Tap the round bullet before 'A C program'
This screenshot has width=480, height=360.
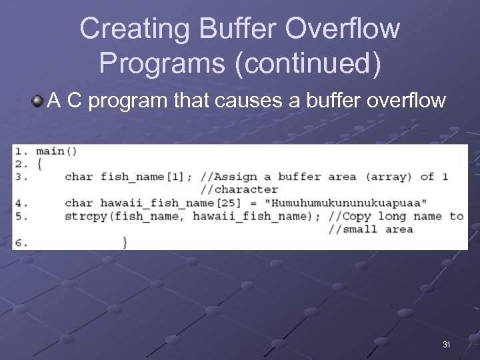pos(37,101)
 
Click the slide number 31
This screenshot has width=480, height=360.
pos(447,345)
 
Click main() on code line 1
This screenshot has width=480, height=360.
pos(56,151)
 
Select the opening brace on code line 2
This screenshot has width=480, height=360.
pos(39,164)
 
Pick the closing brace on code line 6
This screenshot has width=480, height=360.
pos(125,242)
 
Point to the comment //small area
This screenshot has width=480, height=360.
pos(371,229)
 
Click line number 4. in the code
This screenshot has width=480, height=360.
pos(20,203)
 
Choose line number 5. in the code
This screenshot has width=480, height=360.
pos(20,216)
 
